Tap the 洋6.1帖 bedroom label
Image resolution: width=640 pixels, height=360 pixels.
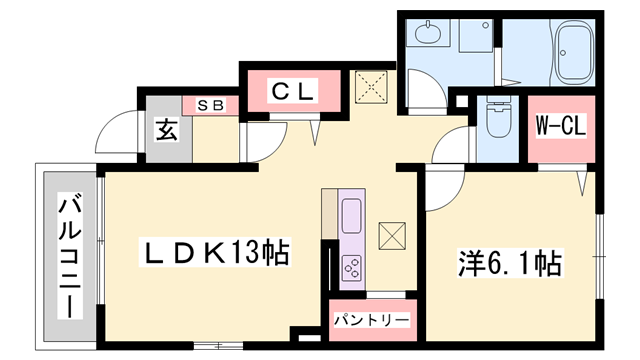[x=511, y=264]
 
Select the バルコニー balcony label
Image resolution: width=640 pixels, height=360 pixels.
[x=71, y=254]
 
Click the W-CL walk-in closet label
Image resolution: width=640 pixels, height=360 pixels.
[x=560, y=127]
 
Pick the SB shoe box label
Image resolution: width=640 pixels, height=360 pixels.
[x=209, y=104]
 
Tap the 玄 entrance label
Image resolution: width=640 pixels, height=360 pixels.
[x=166, y=131]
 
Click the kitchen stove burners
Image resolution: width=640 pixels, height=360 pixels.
[x=353, y=267]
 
